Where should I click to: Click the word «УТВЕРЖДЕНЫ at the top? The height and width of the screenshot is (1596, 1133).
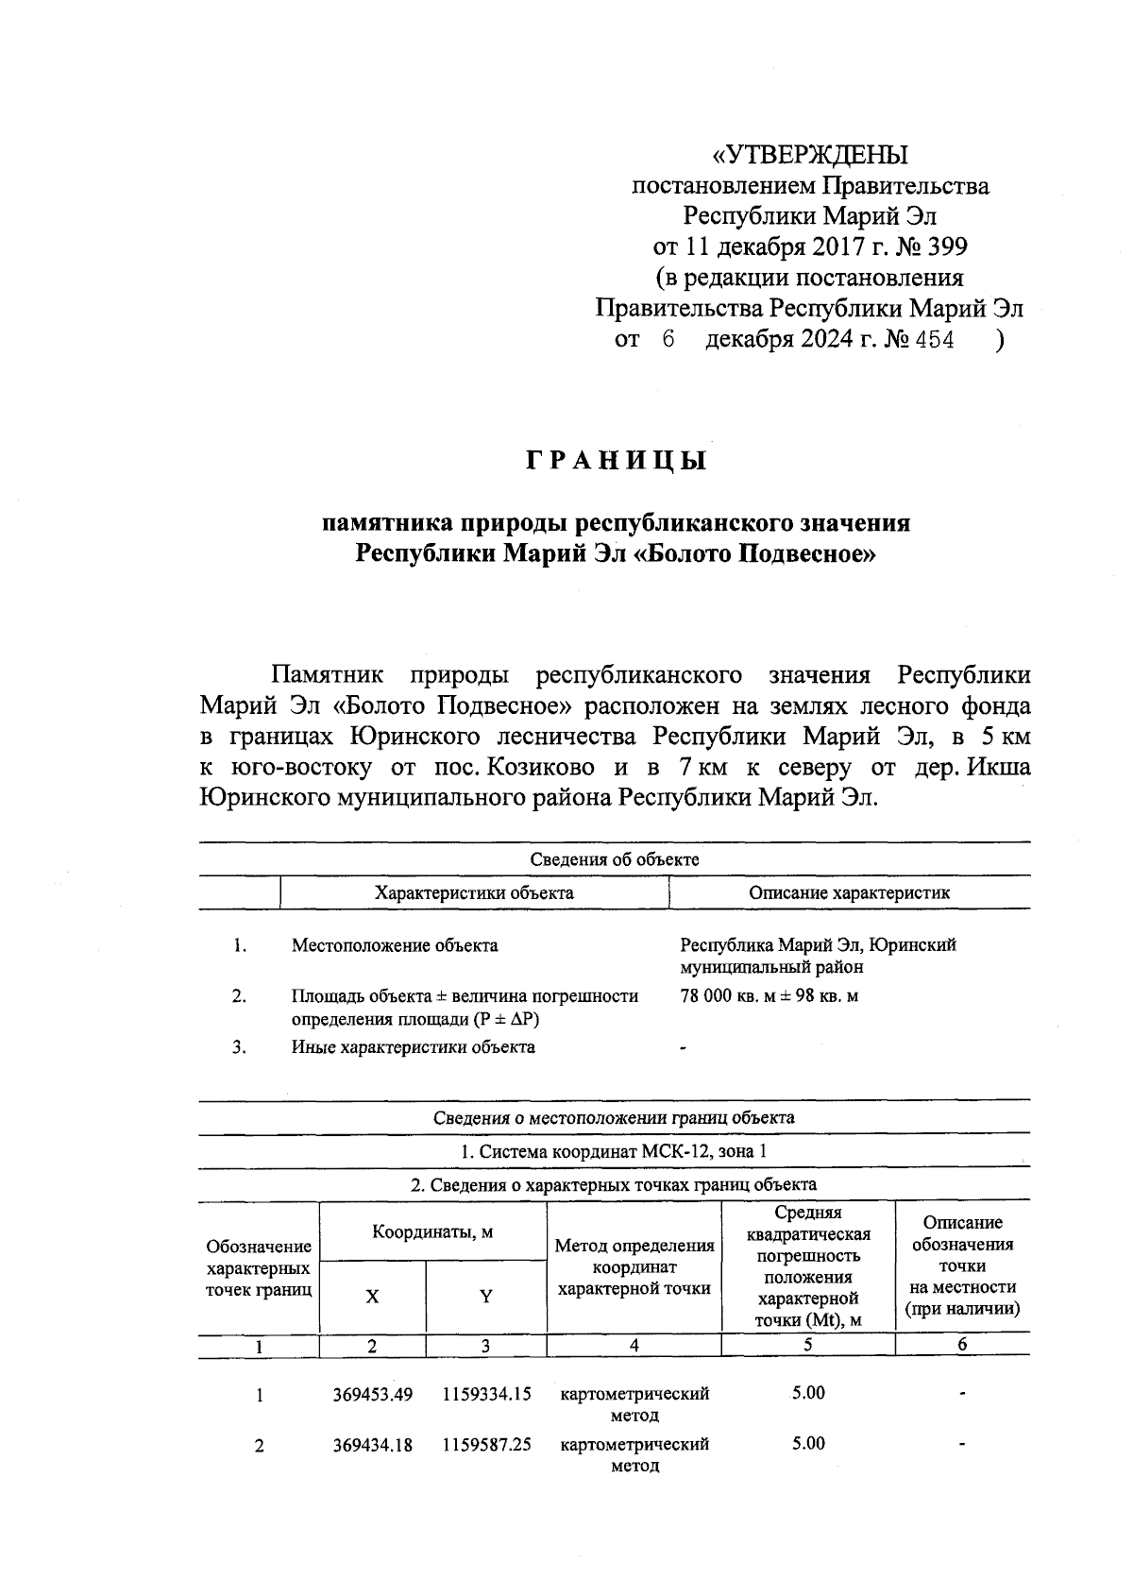809,154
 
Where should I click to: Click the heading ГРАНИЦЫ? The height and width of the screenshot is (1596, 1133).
616,462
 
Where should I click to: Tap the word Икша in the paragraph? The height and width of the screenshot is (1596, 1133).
998,767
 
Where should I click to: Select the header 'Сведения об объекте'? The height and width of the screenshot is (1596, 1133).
614,859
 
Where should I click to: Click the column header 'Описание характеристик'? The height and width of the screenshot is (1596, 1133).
849,892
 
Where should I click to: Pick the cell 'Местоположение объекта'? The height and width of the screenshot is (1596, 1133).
395,945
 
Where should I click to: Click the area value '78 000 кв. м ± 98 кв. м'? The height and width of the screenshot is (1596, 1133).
769,995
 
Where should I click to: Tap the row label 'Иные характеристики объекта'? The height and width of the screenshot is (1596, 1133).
413,1046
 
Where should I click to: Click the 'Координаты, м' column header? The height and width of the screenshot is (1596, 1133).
432,1232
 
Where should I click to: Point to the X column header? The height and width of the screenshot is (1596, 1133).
373,1297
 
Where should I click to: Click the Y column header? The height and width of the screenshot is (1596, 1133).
485,1297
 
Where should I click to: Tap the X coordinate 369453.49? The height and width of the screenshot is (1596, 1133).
373,1395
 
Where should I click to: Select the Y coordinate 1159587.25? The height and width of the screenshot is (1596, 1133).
486,1445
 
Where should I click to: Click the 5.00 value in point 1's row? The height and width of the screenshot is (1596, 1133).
808,1393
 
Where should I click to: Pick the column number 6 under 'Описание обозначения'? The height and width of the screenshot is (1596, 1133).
961,1345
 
